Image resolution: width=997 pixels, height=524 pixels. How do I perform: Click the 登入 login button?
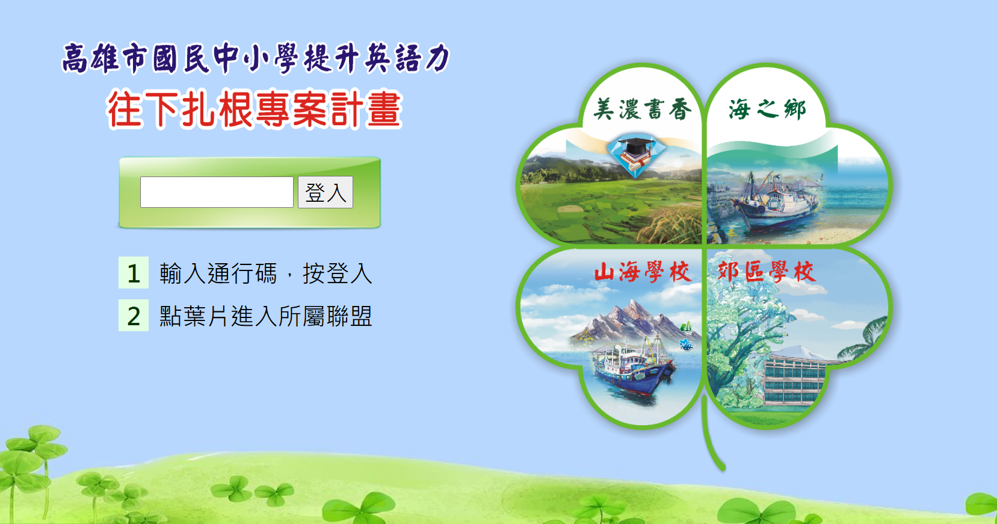pos(326,192)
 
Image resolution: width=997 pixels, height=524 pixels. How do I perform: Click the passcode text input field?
pos(217,192)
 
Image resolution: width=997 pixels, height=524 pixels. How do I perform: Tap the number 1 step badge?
pos(134,273)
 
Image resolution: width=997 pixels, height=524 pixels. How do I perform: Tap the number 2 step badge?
pos(134,316)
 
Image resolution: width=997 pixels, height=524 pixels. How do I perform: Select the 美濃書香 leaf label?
pos(642,109)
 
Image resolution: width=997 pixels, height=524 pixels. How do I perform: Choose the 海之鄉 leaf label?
pos(767,109)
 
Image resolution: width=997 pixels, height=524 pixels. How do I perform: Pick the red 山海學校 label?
pos(643,272)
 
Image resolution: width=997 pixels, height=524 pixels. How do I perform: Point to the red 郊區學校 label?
pos(767,272)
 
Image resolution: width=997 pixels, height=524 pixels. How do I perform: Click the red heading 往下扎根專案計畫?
pos(255,110)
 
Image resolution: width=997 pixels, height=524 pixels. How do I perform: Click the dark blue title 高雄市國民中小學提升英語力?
pos(256,58)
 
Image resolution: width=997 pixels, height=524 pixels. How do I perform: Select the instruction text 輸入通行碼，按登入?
pos(266,273)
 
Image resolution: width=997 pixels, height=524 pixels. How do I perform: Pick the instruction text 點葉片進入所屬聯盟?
pos(266,316)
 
